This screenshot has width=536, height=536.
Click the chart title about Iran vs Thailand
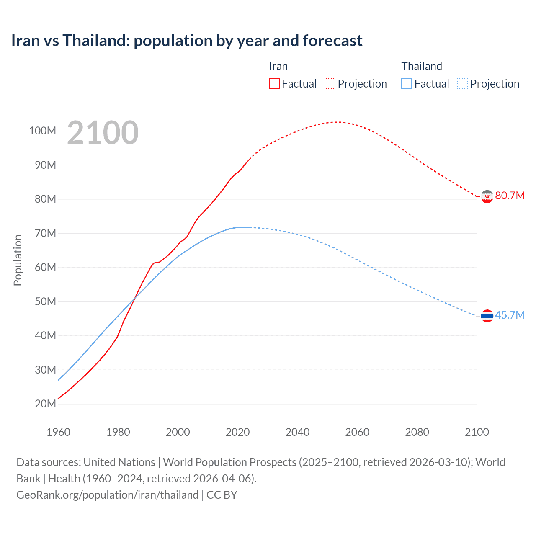pyautogui.click(x=187, y=41)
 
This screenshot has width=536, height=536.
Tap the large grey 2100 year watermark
pyautogui.click(x=103, y=133)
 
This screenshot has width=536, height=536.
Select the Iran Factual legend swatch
pyautogui.click(x=274, y=83)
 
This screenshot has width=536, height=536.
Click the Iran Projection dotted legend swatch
pyautogui.click(x=330, y=83)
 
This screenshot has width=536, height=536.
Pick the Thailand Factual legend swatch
pyautogui.click(x=407, y=83)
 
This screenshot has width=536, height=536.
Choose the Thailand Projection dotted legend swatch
pyautogui.click(x=463, y=83)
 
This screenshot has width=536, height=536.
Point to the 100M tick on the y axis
pyautogui.click(x=42, y=131)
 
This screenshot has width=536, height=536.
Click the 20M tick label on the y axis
pyautogui.click(x=45, y=404)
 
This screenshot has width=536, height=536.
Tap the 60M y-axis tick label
pyautogui.click(x=45, y=267)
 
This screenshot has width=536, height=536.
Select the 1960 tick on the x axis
pyautogui.click(x=58, y=432)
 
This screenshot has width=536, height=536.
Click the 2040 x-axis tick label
pyautogui.click(x=297, y=432)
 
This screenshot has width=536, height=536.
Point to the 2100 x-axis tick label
pyautogui.click(x=477, y=432)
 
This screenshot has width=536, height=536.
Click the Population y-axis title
pyautogui.click(x=18, y=260)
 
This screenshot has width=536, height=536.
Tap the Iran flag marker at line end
pyautogui.click(x=487, y=196)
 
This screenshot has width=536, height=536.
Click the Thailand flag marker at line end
pyautogui.click(x=487, y=316)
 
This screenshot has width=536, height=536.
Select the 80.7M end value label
pyautogui.click(x=510, y=196)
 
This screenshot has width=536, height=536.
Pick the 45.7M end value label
pyautogui.click(x=510, y=315)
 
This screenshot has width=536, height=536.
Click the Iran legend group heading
pyautogui.click(x=278, y=66)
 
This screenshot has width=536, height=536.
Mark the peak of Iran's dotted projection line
pyautogui.click(x=337, y=122)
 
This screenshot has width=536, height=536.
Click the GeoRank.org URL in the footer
pyautogui.click(x=108, y=495)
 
